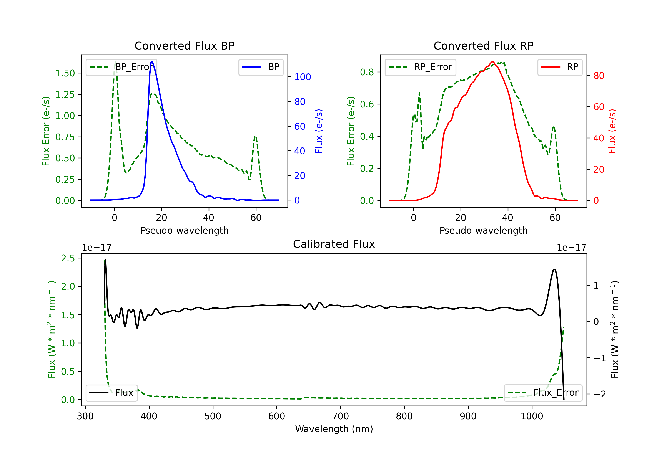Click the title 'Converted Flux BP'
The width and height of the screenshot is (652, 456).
click(184, 46)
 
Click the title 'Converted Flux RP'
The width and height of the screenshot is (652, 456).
click(483, 46)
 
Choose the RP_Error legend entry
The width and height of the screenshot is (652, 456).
click(420, 67)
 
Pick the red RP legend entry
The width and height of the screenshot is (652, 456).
click(560, 67)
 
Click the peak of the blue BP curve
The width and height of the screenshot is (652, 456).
click(152, 62)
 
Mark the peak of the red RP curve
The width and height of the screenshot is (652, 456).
click(492, 62)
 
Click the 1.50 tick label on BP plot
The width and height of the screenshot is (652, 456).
click(65, 73)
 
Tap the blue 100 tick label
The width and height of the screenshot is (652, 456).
click(303, 77)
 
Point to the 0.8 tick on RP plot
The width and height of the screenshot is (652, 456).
click(367, 72)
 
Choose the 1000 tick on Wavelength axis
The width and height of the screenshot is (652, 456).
click(532, 416)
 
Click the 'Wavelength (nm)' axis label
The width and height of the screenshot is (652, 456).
click(334, 429)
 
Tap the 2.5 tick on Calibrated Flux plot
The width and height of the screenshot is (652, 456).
click(68, 258)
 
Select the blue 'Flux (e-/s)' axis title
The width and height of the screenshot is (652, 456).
click(319, 131)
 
